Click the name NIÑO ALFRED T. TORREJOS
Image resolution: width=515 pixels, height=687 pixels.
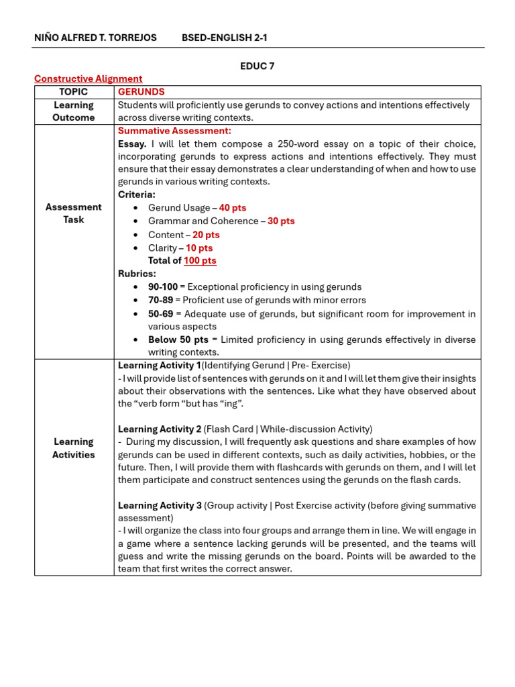(x=95, y=38)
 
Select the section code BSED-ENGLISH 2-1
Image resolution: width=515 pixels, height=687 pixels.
(x=224, y=38)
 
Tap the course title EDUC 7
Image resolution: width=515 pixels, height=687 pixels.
(x=257, y=66)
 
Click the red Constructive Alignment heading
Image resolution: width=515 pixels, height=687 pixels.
(x=88, y=78)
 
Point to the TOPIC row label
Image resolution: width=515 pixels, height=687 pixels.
(x=74, y=92)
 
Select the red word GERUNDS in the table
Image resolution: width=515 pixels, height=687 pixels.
(x=141, y=92)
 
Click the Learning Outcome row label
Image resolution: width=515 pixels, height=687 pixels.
(x=74, y=111)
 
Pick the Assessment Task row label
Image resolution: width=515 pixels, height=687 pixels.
(x=74, y=213)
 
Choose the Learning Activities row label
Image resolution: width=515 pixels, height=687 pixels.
(x=74, y=448)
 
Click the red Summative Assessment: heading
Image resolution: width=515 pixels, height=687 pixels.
(x=174, y=131)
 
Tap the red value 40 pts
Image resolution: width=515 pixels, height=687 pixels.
(x=232, y=208)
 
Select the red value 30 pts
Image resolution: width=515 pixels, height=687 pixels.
(x=281, y=221)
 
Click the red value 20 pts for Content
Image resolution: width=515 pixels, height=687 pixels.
(x=206, y=235)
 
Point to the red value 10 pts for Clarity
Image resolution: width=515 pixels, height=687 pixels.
(x=199, y=248)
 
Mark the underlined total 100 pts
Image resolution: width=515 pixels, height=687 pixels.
(x=200, y=260)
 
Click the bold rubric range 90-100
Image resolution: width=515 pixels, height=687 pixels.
(x=163, y=286)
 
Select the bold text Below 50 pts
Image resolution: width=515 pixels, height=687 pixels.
(x=178, y=339)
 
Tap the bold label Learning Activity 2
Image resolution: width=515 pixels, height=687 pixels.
(x=160, y=429)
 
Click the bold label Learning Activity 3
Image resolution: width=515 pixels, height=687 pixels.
(x=160, y=505)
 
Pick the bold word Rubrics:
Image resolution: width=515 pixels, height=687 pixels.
(x=137, y=274)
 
